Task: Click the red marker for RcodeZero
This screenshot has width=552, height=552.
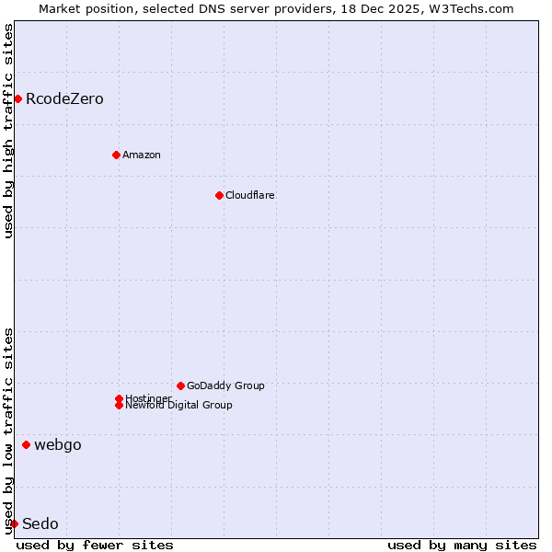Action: (x=17, y=98)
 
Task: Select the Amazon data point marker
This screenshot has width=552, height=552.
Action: (x=116, y=155)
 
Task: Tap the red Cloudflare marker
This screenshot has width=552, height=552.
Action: (x=219, y=195)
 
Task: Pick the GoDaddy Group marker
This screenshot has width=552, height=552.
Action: (x=180, y=385)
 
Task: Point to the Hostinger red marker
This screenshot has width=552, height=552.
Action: (x=119, y=398)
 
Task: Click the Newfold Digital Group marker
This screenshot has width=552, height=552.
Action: (x=119, y=405)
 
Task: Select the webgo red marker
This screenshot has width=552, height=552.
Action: (x=26, y=444)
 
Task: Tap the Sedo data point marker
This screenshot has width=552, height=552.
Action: (x=14, y=523)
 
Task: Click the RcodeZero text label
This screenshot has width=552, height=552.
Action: (x=64, y=98)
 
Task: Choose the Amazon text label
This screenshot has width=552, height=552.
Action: (x=141, y=155)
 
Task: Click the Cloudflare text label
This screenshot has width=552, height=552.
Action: (x=249, y=195)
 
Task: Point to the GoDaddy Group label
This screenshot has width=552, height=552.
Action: (x=225, y=385)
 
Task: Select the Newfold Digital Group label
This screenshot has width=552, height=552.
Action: (x=178, y=405)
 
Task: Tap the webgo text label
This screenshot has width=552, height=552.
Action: (x=57, y=444)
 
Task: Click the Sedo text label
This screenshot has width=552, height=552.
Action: (x=40, y=523)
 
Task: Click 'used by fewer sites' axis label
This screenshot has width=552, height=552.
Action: (x=95, y=545)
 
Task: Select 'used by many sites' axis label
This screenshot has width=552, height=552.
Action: (x=462, y=545)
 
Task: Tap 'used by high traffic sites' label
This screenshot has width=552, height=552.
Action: (x=8, y=131)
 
